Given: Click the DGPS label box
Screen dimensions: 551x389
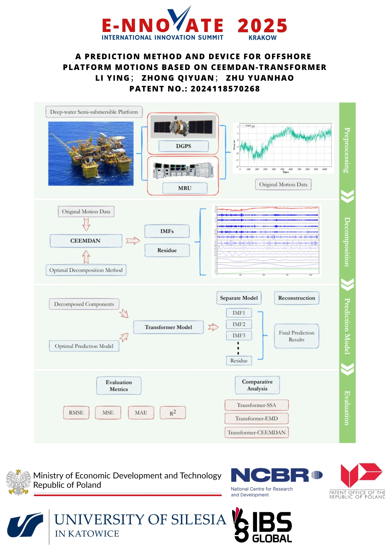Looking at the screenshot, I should click(x=183, y=146).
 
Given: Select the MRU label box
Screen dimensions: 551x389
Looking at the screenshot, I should click(x=185, y=188).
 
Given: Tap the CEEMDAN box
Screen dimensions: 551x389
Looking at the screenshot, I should click(x=86, y=241).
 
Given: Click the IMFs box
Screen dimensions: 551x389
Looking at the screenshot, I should click(x=167, y=231).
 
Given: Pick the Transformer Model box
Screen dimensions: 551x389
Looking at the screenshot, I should click(x=168, y=327).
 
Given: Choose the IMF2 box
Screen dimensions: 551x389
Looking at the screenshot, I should click(x=239, y=324).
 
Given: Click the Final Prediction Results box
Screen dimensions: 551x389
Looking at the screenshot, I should click(x=297, y=336).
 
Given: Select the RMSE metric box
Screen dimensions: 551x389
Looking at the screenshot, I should click(x=76, y=412).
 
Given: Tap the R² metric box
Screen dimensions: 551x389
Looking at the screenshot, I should click(x=173, y=413).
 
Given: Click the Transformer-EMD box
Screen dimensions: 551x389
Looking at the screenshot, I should click(x=256, y=418).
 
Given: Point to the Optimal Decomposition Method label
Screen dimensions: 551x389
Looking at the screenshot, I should click(x=86, y=270).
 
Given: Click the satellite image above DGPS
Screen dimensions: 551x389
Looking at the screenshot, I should click(x=183, y=126).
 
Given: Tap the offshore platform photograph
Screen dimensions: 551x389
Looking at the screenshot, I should click(x=91, y=153).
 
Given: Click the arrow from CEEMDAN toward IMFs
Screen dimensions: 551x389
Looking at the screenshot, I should click(x=133, y=241).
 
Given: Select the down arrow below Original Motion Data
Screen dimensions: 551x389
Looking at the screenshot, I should click(x=86, y=224).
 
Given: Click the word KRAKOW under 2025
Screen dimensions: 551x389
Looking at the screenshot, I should click(x=262, y=38).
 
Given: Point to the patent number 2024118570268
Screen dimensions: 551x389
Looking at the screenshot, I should click(x=225, y=89).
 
